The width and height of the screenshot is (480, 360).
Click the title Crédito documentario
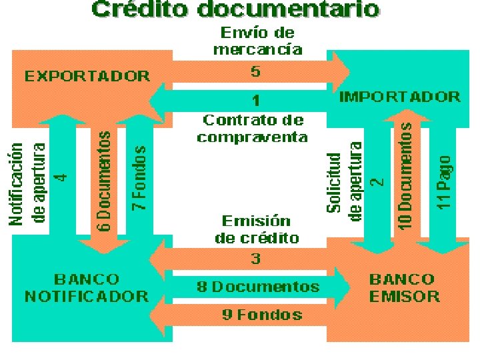(x=236, y=10)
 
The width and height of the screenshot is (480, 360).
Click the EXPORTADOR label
(x=87, y=75)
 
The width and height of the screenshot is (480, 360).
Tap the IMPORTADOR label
(x=400, y=96)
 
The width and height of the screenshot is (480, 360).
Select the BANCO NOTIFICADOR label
(x=87, y=287)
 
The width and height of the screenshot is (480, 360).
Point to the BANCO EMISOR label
(x=405, y=287)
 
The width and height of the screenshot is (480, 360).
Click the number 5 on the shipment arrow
(x=255, y=71)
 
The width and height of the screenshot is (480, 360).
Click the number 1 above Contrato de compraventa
(x=255, y=101)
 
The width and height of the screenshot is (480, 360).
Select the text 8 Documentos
(x=258, y=287)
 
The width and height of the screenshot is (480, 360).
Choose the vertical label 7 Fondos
(x=139, y=179)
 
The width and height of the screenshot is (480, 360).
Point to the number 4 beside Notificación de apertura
(x=61, y=177)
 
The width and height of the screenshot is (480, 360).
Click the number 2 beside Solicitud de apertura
(x=377, y=181)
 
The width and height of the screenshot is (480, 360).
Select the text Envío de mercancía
(x=257, y=41)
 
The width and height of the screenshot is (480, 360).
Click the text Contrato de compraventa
(x=253, y=129)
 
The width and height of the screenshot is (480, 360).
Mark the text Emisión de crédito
(x=257, y=229)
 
